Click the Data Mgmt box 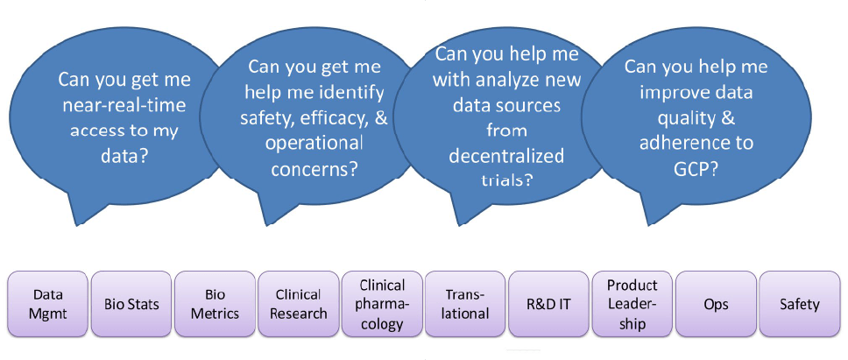tap(47, 304)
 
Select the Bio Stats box tap(131, 304)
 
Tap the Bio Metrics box tap(215, 304)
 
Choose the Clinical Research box tap(299, 304)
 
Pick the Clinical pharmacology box tap(382, 304)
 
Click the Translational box tap(466, 304)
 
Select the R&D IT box tap(549, 304)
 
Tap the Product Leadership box tap(632, 304)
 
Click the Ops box tap(716, 304)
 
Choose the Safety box tap(800, 304)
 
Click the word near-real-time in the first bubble tap(124, 105)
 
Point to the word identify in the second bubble tap(353, 93)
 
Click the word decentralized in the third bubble tap(506, 156)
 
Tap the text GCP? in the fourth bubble tap(696, 169)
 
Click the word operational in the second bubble tap(316, 145)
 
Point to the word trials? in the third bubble tap(506, 180)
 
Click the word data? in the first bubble tap(125, 157)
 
